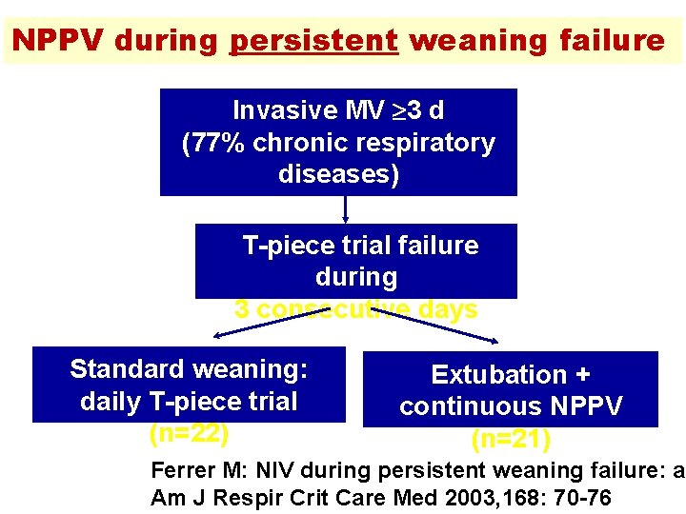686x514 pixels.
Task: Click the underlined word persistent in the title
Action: [313, 41]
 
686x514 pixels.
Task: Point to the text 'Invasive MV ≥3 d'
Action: [338, 110]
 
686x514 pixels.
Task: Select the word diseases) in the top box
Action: [338, 175]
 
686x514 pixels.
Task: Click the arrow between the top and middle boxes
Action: [346, 209]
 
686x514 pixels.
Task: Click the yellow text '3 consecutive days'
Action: [355, 310]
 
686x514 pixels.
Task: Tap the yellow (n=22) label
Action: [189, 433]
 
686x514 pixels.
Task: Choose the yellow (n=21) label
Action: [511, 440]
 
